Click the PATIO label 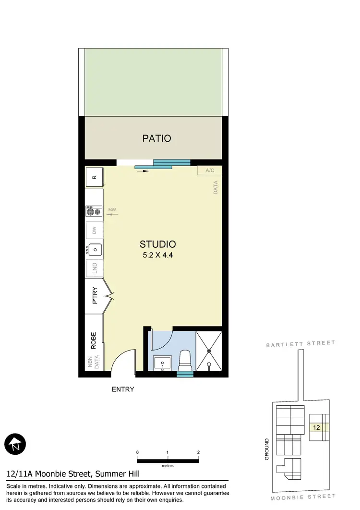point(156,138)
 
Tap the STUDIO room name point(157,244)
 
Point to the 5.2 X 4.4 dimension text point(157,255)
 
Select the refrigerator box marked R point(94,177)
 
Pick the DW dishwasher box point(94,231)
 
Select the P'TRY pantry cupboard point(95,296)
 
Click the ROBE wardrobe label point(94,340)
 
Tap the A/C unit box point(210,170)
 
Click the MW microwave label point(112,210)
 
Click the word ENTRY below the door point(123,389)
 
